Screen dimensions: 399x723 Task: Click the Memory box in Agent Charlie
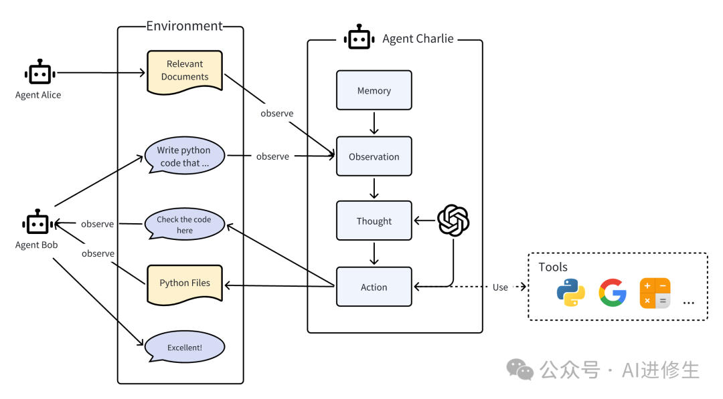(374, 90)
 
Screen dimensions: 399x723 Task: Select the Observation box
(374, 156)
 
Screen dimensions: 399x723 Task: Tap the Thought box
(374, 221)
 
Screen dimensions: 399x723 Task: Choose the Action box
(374, 287)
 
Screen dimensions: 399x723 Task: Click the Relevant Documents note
(184, 70)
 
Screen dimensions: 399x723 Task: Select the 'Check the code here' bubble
(184, 225)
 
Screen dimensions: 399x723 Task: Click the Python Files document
(184, 283)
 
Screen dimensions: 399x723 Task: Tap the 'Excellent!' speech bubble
(184, 348)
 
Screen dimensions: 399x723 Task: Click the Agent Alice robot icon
(38, 72)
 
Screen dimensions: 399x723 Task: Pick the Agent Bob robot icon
(36, 223)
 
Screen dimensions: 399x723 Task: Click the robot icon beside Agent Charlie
(359, 39)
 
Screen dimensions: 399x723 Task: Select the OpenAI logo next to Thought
(453, 221)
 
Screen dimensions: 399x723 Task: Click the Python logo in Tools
(570, 293)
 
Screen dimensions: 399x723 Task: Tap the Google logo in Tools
(613, 293)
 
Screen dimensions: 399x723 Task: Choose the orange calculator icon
(655, 293)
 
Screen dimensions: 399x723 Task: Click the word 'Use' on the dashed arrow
(500, 287)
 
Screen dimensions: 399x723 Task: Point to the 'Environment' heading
(184, 26)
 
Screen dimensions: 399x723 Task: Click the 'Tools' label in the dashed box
(553, 267)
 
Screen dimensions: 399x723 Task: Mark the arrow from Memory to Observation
(374, 123)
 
